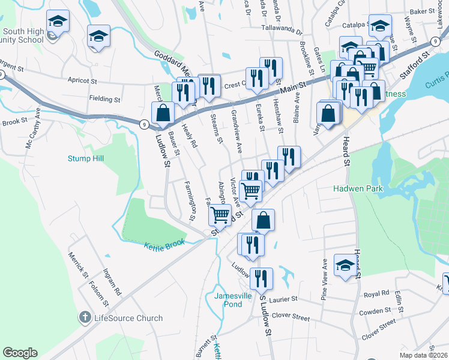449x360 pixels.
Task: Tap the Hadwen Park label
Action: click(x=358, y=189)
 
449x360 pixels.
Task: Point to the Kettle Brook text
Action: click(x=164, y=245)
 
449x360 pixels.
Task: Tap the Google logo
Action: click(x=20, y=353)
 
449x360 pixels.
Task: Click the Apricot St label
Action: click(x=82, y=80)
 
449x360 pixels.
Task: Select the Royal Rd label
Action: click(x=376, y=295)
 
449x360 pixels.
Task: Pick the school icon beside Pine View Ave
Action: click(x=345, y=266)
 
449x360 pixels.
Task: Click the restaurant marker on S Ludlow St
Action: click(x=261, y=277)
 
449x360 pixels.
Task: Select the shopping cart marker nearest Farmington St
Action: click(x=220, y=214)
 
